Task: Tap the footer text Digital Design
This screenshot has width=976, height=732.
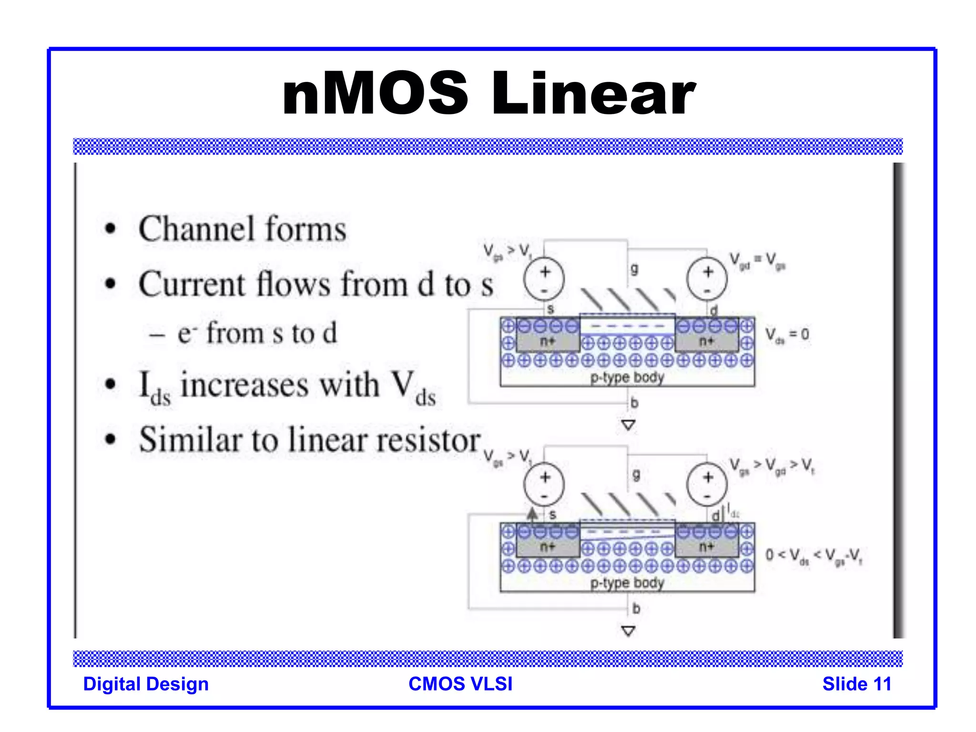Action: coord(146,684)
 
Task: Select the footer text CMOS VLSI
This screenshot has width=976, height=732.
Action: coord(460,684)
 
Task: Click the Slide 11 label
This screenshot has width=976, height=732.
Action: coord(856,684)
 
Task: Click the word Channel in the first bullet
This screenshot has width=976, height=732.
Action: coord(195,229)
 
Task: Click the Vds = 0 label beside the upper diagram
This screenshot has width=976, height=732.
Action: coord(787,335)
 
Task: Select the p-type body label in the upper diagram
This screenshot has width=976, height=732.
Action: coord(627,377)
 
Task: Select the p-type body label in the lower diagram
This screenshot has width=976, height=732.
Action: coord(627,583)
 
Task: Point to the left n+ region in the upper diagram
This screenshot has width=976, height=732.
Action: coord(547,341)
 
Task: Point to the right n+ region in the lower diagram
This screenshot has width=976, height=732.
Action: coord(706,547)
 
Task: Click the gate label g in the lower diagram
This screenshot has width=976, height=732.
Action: coord(636,475)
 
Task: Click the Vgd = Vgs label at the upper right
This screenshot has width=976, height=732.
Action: coord(757,262)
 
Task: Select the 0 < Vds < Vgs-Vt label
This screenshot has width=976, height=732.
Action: coord(813,556)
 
